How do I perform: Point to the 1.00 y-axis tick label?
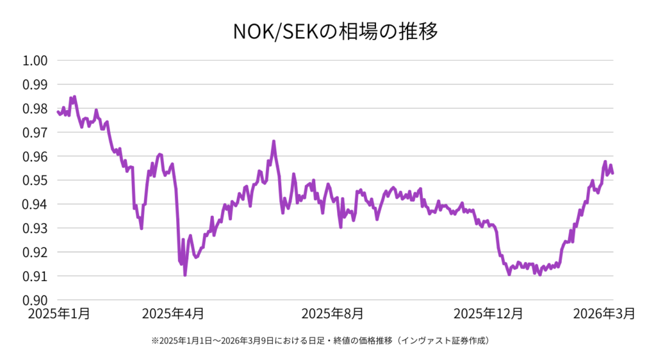[x=36, y=61]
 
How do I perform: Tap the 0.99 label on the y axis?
[x=36, y=85]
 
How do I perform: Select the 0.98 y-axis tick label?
[x=36, y=109]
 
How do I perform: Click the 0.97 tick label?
[x=36, y=133]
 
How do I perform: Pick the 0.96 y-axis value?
[x=36, y=156]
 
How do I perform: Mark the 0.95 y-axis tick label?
[x=36, y=181]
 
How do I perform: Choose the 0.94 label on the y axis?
[x=36, y=204]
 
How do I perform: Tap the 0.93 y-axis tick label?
[x=36, y=228]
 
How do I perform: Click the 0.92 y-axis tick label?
[x=36, y=252]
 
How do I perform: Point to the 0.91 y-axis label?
[x=36, y=276]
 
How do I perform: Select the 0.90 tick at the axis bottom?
[x=36, y=300]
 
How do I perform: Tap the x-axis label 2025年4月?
[x=173, y=314]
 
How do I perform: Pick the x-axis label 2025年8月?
[x=332, y=314]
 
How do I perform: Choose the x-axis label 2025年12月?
[x=488, y=314]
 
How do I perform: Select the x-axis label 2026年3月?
[x=603, y=314]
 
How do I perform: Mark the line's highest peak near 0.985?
[x=74, y=97]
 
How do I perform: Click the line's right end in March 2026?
[x=613, y=173]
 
